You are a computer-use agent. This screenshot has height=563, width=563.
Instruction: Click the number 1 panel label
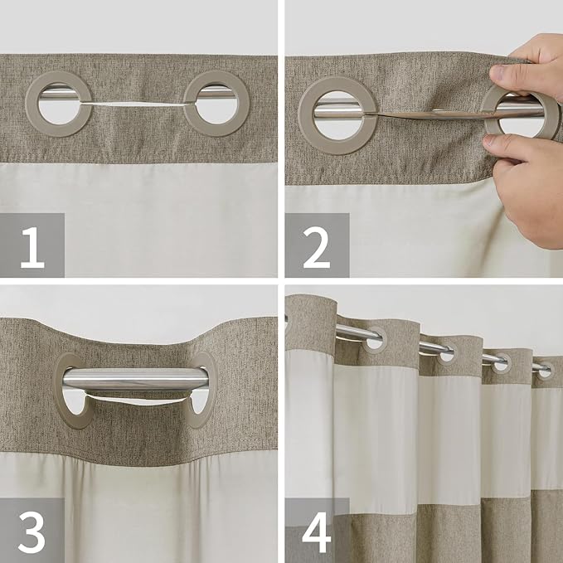point(32,245)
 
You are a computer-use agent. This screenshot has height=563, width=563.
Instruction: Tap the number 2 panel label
point(316,245)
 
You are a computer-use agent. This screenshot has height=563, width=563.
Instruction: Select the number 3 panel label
point(32,531)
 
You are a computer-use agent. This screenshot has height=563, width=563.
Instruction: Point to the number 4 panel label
point(316,531)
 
